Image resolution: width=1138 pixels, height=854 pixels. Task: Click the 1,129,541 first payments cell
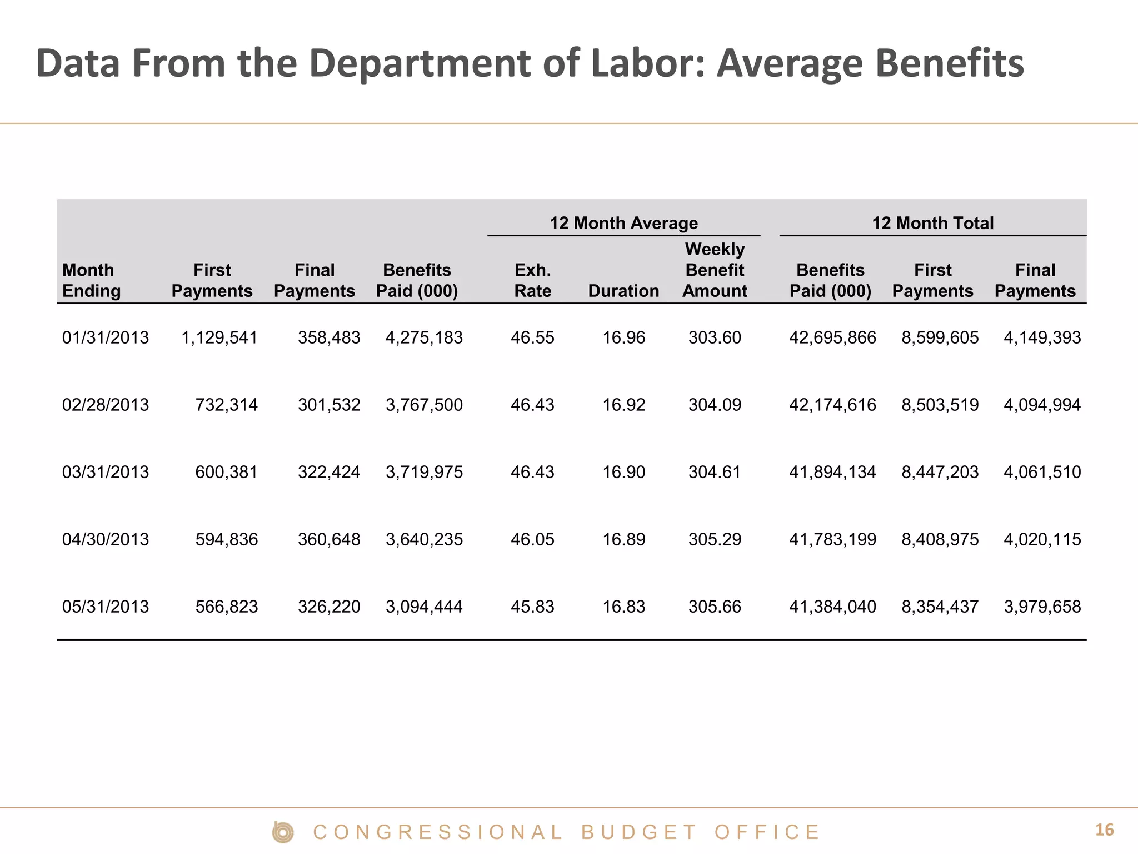219,337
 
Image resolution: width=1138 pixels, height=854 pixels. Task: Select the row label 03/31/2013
106,472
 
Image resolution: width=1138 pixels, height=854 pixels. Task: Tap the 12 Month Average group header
623,223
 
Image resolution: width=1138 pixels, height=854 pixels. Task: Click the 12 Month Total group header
932,223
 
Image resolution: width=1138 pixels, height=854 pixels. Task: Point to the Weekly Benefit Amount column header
715,270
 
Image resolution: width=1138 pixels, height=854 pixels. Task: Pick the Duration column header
623,291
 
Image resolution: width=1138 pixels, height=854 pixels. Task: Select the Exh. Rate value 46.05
532,539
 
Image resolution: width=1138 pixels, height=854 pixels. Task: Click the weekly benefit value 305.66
715,607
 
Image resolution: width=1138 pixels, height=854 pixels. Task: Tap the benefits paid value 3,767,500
424,405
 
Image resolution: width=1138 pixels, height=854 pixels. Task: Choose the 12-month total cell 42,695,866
832,337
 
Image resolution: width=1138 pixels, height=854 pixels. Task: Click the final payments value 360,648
329,539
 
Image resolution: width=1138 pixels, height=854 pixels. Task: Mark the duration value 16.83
624,607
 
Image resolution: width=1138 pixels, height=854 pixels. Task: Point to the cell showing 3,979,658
1042,607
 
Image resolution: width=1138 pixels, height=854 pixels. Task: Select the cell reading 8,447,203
940,472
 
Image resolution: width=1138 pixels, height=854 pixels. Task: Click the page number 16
1104,830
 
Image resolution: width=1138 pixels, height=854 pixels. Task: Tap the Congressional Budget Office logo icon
283,832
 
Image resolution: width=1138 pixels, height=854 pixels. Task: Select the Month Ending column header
91,280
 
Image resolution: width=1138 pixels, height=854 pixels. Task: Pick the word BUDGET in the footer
638,832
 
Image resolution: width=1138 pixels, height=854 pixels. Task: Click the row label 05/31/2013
106,607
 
